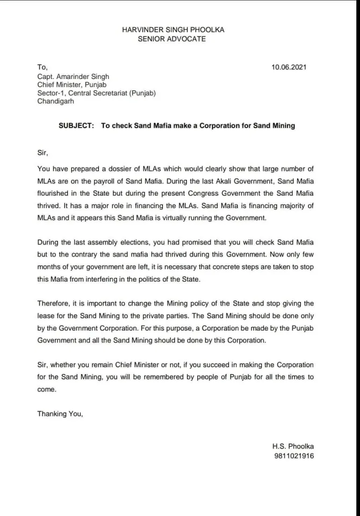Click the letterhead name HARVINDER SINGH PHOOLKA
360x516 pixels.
coord(180,30)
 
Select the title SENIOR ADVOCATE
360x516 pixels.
coord(180,39)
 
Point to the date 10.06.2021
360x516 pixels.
coord(290,67)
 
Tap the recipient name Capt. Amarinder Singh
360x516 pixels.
coord(73,76)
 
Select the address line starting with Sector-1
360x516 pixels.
coord(96,94)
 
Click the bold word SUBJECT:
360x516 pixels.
coord(76,126)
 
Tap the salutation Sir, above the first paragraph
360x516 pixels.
coord(42,153)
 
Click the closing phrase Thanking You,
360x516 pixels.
coord(60,414)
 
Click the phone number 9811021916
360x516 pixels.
coord(293,456)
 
